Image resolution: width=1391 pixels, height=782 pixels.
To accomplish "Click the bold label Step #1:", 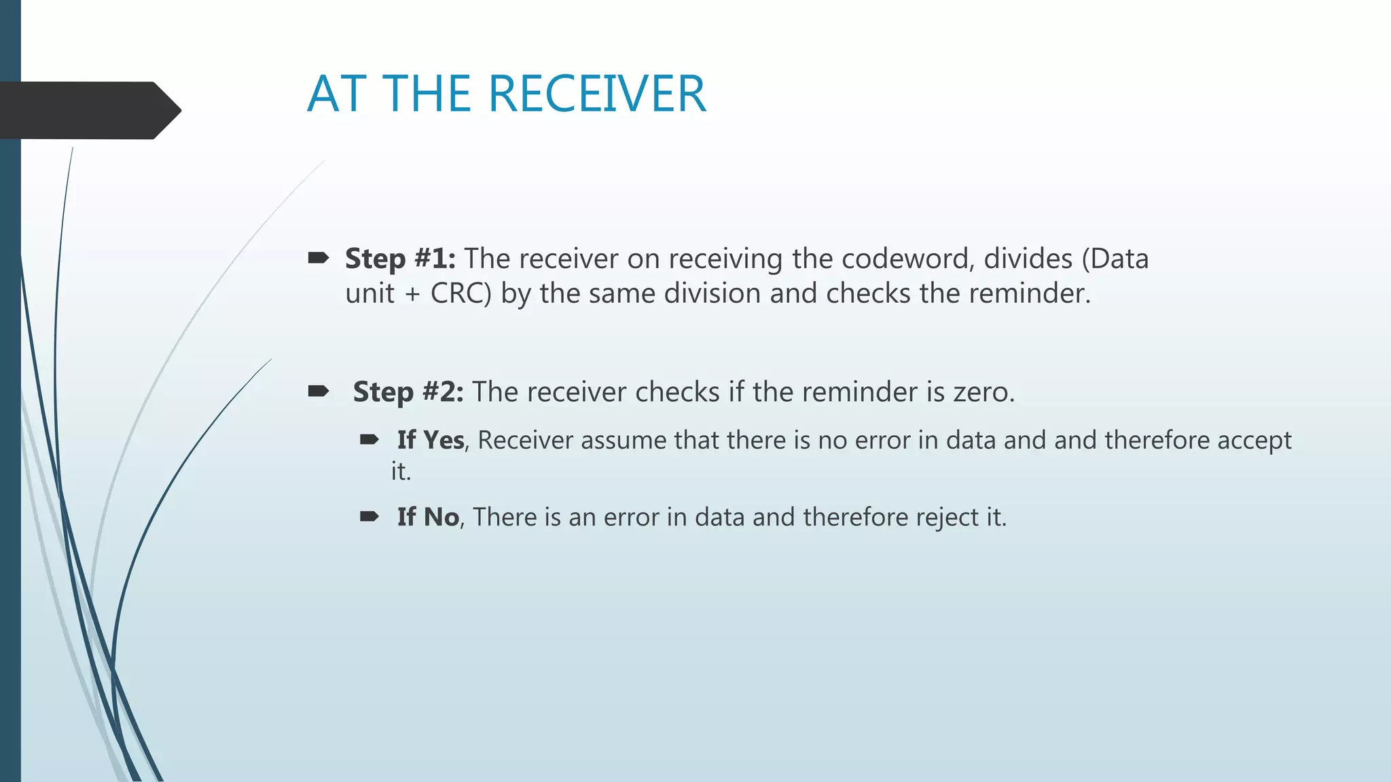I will click(400, 259).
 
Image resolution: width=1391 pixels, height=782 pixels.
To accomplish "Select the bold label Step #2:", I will click(408, 392).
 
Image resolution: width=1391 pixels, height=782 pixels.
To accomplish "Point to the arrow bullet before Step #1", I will click(319, 258).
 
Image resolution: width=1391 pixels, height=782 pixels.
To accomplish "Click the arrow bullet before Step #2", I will click(319, 391).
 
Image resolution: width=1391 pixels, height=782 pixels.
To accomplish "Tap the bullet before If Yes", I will click(369, 440).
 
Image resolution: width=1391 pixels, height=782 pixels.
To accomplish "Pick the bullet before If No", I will click(369, 517).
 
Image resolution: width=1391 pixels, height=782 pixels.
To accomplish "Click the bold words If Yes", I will click(431, 440).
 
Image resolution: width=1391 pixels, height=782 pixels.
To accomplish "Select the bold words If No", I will click(428, 517).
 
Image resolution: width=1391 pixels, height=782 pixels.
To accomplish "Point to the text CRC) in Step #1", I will click(460, 293).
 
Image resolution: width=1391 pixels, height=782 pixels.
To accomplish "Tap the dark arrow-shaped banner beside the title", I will click(88, 110).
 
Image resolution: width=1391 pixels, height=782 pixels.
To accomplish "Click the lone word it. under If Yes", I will click(401, 471).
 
